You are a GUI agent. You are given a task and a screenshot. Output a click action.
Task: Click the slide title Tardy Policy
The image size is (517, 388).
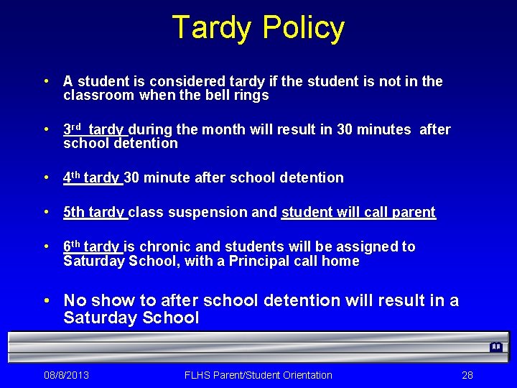(x=258, y=28)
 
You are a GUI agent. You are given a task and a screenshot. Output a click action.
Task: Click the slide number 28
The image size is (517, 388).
(x=467, y=375)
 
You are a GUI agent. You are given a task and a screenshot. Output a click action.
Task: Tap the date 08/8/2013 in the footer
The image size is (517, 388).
(x=66, y=375)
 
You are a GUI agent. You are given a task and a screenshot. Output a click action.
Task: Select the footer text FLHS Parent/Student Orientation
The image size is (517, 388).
(x=258, y=375)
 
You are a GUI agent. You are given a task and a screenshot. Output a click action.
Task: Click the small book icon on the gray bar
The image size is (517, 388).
(x=495, y=347)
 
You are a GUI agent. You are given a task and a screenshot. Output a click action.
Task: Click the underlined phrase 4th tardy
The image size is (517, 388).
(x=93, y=177)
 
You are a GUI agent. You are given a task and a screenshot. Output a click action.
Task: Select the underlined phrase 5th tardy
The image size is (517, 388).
(x=95, y=212)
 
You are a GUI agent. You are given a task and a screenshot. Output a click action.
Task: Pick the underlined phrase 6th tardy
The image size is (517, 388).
(x=93, y=246)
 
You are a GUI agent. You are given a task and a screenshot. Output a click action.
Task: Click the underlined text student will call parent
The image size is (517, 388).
(x=358, y=212)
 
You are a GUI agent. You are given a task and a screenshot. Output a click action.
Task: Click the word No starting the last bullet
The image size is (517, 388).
(x=75, y=300)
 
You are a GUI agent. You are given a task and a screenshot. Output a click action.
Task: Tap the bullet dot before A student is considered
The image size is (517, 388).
(x=45, y=82)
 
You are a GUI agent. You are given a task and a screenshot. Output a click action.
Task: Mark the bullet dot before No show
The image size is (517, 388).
(x=46, y=300)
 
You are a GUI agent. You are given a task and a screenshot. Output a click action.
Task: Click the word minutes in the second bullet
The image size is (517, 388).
(x=386, y=130)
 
